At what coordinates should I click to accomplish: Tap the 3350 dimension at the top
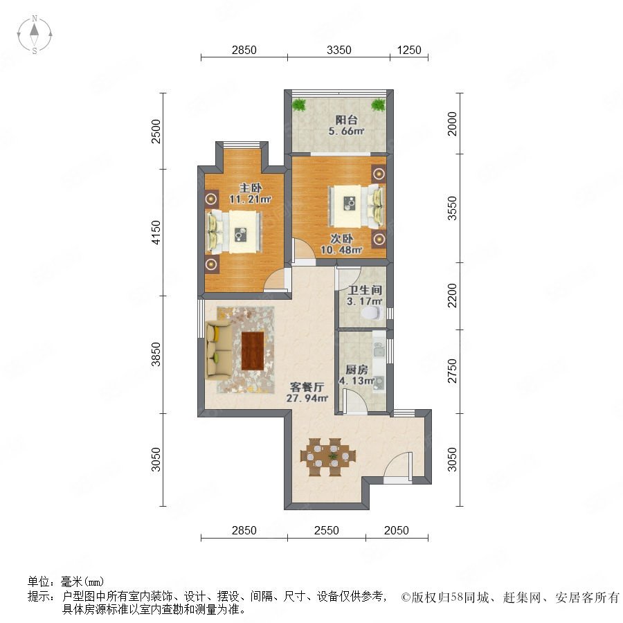point(339,50)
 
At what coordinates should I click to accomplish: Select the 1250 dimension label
point(409,50)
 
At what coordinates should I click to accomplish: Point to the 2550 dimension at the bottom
point(326,530)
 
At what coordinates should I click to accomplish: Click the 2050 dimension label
point(396,530)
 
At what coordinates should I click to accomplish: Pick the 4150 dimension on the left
point(156,233)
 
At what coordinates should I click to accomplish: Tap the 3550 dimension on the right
point(452,208)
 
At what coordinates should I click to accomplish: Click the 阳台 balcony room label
point(347,120)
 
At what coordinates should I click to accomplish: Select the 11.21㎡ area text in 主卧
point(250,199)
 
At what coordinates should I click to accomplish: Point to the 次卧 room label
point(342,239)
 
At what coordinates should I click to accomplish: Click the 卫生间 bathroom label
point(364,291)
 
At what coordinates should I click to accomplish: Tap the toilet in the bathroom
point(373,313)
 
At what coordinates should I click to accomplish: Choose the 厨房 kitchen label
point(356,370)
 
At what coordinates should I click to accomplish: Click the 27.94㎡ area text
point(307,398)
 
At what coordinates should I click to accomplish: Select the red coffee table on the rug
point(253,351)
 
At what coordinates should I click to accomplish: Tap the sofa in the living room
point(219,350)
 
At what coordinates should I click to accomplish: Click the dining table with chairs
point(328,457)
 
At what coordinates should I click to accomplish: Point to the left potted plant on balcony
point(299,105)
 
